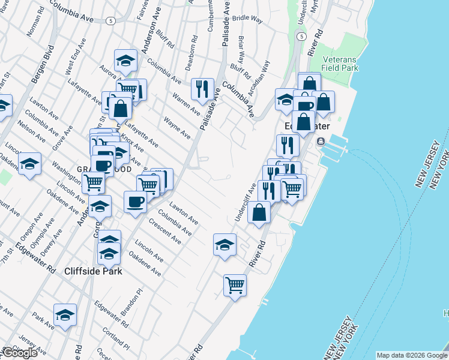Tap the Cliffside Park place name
(93, 271)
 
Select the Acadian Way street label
(263, 74)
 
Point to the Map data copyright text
(411, 355)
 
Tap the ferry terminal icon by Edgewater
(321, 142)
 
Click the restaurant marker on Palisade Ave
(202, 89)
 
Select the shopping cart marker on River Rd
(235, 284)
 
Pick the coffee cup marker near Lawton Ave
(135, 201)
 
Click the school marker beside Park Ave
(65, 314)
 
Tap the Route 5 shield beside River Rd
(298, 37)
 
